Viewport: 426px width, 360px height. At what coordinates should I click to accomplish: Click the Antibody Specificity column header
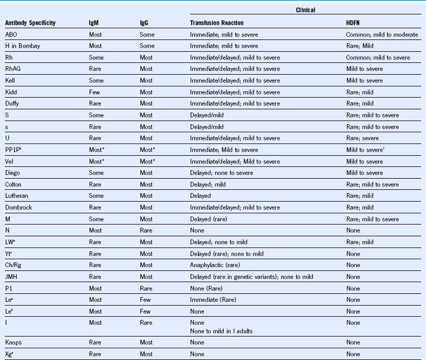click(x=30, y=23)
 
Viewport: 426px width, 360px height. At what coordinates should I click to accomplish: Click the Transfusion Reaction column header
click(x=217, y=23)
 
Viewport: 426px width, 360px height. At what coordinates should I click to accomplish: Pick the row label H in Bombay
click(x=22, y=46)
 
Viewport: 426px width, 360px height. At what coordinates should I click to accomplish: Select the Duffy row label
click(x=13, y=103)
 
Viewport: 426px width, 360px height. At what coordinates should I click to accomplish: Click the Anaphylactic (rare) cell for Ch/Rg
click(x=214, y=265)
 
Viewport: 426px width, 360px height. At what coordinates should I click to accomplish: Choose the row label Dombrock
click(x=19, y=207)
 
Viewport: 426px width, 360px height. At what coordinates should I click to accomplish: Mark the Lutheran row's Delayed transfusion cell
click(x=200, y=196)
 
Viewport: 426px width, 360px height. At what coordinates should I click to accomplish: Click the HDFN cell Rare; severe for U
click(x=364, y=138)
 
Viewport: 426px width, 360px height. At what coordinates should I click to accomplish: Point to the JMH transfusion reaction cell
click(x=251, y=277)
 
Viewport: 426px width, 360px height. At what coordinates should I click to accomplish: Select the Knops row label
click(x=14, y=342)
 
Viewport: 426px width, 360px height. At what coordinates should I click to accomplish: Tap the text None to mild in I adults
click(x=221, y=331)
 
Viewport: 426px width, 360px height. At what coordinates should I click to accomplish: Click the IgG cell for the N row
click(x=146, y=230)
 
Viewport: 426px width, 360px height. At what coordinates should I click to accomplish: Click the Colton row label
click(x=14, y=185)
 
